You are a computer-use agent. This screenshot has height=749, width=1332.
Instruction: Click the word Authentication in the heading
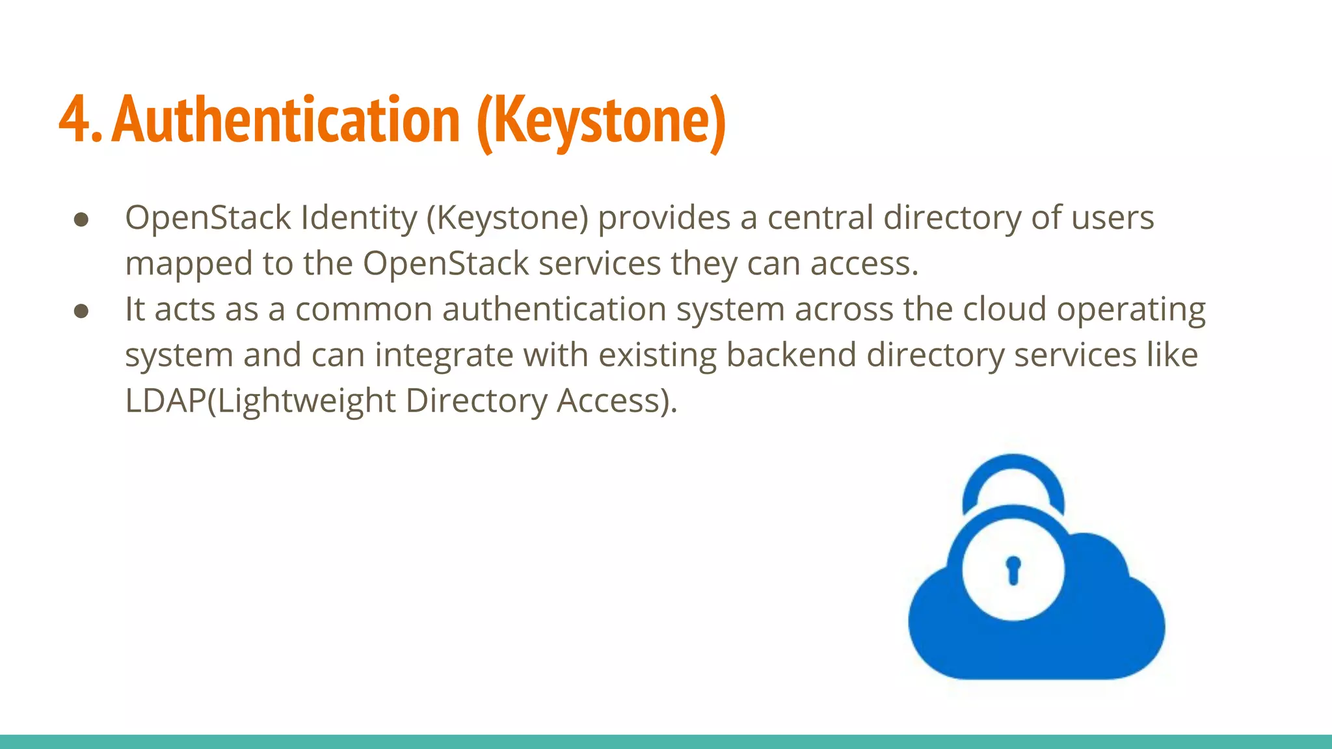point(286,120)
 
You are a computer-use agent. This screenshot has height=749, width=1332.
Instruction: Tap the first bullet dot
point(81,219)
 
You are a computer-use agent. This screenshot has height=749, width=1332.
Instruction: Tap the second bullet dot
point(81,311)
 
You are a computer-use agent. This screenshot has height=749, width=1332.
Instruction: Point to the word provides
point(664,218)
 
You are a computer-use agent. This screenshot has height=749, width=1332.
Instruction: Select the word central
point(820,218)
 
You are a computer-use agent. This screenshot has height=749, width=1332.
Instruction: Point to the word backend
point(791,355)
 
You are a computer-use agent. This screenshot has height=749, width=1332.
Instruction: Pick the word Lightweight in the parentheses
point(306,401)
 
